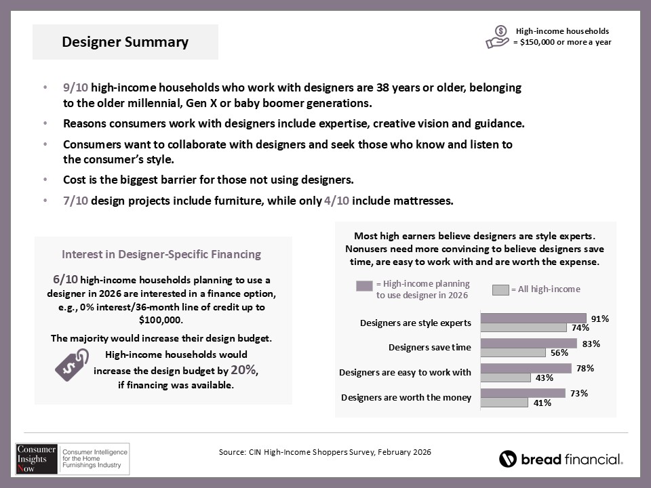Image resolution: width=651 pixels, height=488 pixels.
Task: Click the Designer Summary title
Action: (125, 42)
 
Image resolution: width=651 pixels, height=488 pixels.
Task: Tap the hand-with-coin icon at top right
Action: (497, 37)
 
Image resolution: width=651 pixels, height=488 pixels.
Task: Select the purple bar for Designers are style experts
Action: (533, 318)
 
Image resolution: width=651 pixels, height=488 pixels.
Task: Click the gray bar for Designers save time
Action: (513, 352)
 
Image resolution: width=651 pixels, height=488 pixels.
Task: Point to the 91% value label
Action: (599, 318)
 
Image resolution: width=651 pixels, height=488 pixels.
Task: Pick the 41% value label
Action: (541, 403)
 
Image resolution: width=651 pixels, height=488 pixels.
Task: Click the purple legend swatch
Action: (364, 286)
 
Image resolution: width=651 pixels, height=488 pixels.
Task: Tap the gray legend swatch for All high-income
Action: (500, 290)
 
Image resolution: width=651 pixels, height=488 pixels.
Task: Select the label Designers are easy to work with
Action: (405, 372)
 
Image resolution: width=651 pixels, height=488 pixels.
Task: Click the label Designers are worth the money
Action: (406, 397)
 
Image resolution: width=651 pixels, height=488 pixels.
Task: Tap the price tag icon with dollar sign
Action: (71, 365)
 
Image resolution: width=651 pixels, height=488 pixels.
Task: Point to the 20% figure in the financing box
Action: (243, 370)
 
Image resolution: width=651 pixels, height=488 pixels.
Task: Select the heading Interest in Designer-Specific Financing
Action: (161, 254)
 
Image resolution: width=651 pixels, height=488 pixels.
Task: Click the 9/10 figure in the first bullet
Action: (75, 88)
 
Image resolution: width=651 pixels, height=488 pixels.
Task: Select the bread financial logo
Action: (561, 459)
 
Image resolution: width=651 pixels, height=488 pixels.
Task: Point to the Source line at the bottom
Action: (325, 451)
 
